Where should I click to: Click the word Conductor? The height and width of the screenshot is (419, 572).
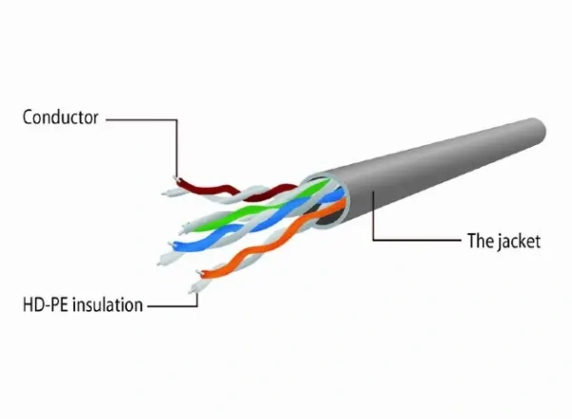tap(60, 118)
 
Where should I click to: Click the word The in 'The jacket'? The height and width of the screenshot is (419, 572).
tap(480, 241)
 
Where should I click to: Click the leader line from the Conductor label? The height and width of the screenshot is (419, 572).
tap(143, 119)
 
